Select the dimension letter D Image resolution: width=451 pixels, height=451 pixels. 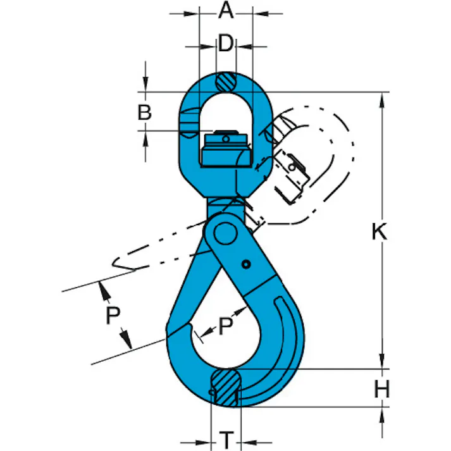coord(226,44)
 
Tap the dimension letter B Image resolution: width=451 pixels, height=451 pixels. coord(145,113)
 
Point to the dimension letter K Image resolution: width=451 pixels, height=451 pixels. coord(378,232)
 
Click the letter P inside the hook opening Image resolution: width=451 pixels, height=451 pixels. coord(225,326)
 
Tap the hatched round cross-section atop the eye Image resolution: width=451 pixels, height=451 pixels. coord(225,82)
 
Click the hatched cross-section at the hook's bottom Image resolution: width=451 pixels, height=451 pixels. coord(225,386)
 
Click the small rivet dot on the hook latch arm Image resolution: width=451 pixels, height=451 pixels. coord(247,264)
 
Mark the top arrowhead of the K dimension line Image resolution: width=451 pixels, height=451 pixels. coord(383,99)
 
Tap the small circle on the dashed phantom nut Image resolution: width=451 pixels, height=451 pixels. coord(292,166)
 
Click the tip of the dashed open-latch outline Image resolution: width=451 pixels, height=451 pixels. coord(114,262)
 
